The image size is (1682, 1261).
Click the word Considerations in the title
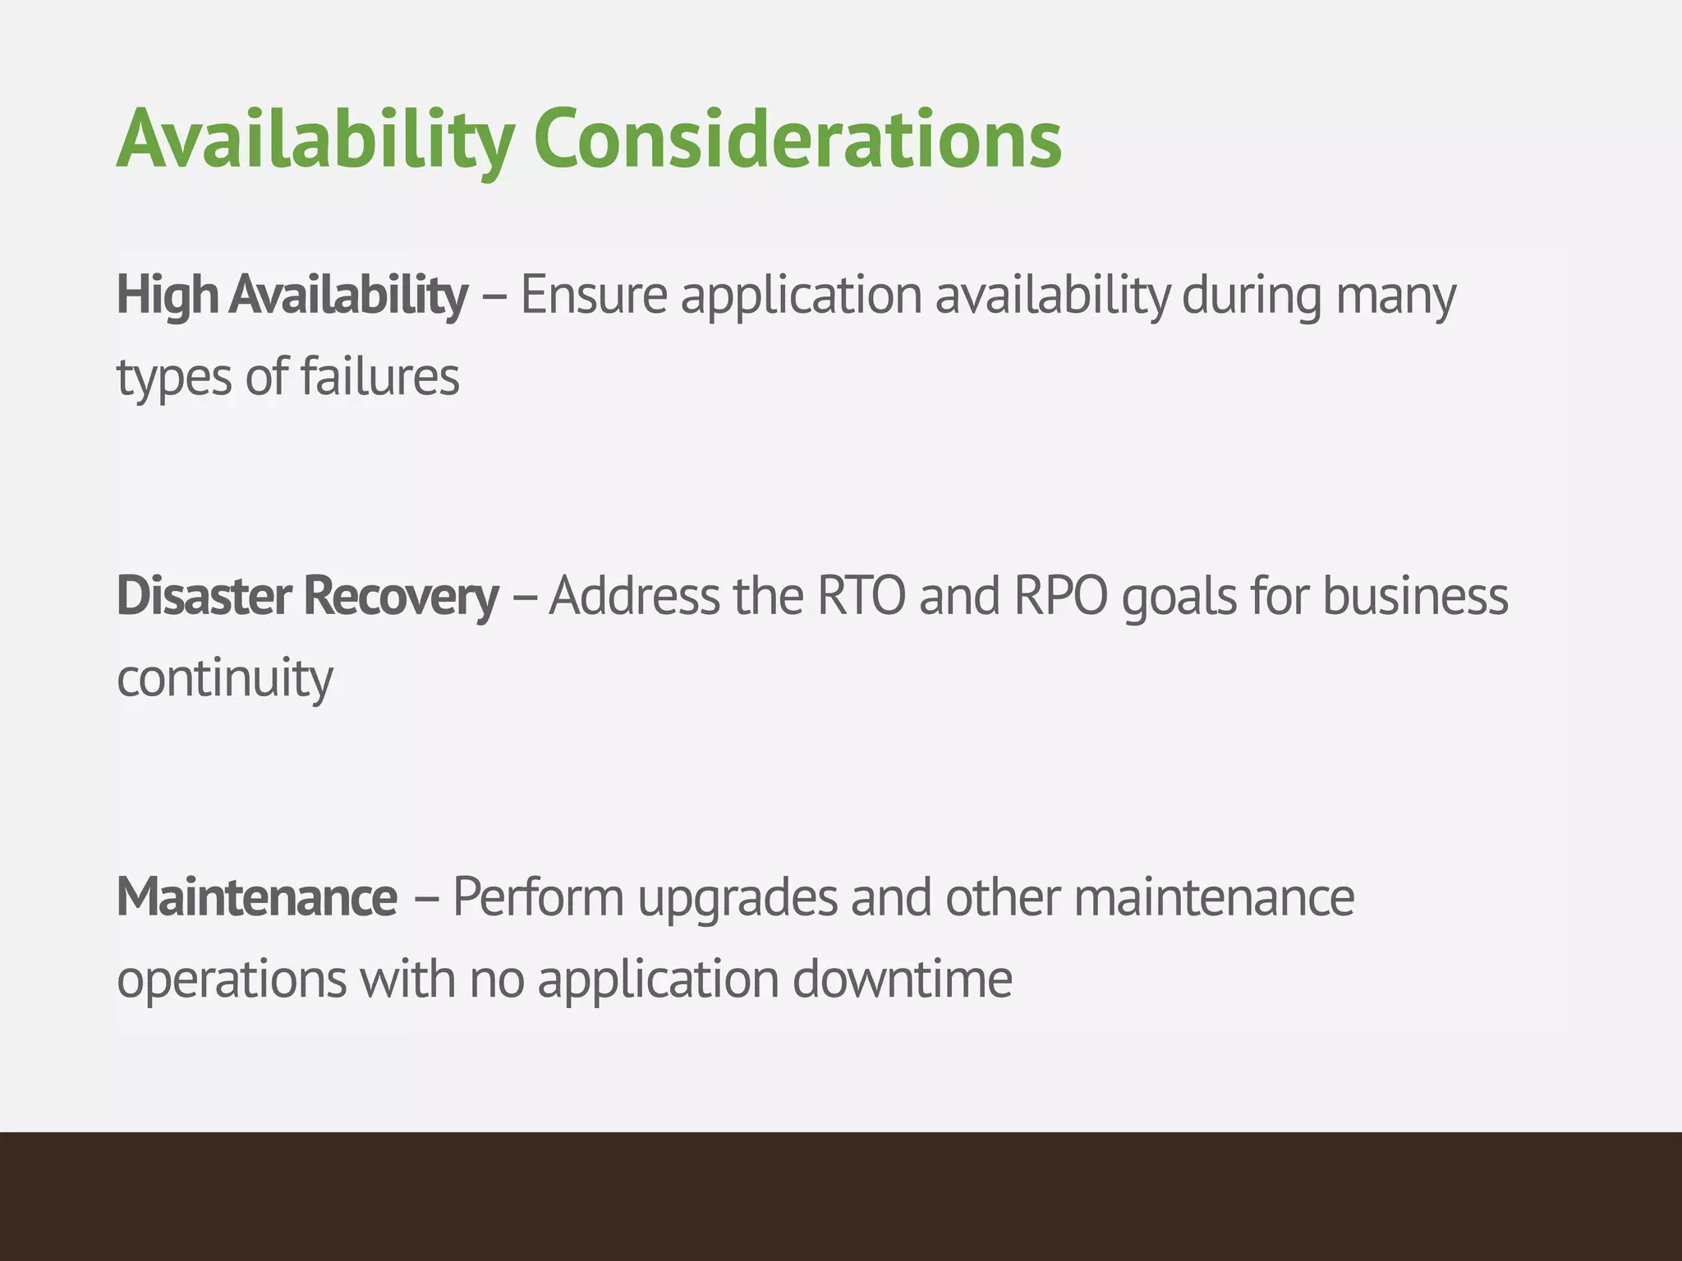tap(797, 140)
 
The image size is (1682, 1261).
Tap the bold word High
tap(168, 296)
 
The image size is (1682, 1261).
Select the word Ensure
tap(594, 296)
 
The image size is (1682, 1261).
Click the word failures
tap(379, 377)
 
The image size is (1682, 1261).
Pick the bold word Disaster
tap(204, 596)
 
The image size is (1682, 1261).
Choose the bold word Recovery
tap(401, 598)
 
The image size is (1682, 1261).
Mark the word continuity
tap(225, 680)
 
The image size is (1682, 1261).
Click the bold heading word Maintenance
tap(257, 897)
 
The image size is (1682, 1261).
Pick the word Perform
tap(538, 897)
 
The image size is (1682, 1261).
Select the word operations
tap(232, 980)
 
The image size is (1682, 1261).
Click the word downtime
tap(902, 979)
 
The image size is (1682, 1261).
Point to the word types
tap(174, 378)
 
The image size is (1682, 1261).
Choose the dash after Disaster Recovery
tap(524, 598)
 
